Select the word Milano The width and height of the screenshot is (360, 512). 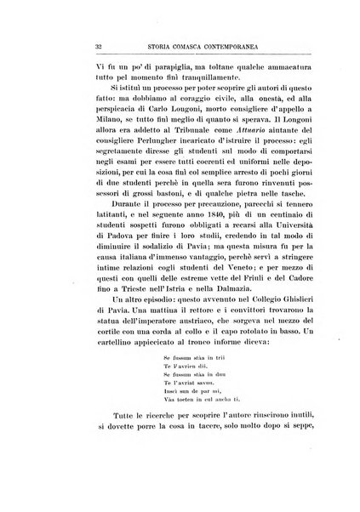[x=60, y=136]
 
